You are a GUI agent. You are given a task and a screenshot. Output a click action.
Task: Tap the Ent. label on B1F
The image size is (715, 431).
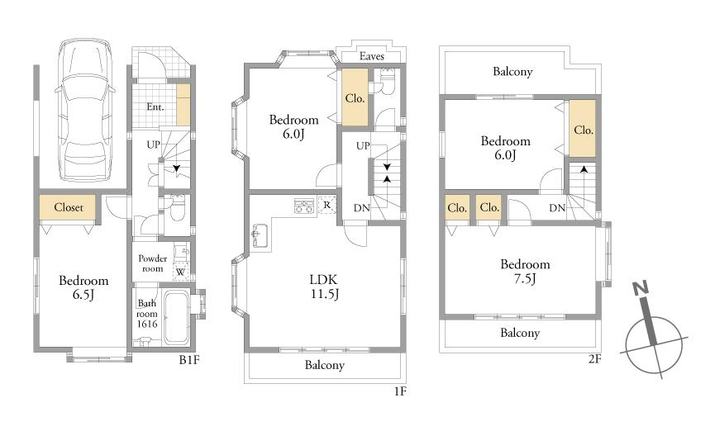(x=155, y=107)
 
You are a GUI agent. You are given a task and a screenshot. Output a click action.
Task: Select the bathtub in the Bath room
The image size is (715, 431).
(x=176, y=317)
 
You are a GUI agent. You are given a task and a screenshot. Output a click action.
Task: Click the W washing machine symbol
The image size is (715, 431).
(x=180, y=272)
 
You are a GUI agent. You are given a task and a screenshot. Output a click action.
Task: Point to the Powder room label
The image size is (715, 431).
(x=153, y=263)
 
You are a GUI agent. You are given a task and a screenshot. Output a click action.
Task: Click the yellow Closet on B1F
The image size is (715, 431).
(x=68, y=207)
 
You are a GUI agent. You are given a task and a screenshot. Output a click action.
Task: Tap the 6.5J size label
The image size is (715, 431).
(x=83, y=295)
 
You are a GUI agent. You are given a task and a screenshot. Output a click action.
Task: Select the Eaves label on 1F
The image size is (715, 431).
(x=372, y=56)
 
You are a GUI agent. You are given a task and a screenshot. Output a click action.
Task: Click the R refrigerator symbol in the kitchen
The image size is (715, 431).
(x=327, y=205)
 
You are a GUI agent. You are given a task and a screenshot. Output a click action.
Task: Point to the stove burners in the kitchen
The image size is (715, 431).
(x=303, y=206)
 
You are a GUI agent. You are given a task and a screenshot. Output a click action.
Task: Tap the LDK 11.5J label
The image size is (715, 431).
(x=324, y=287)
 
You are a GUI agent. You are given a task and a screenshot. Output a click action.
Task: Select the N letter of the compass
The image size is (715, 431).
(x=641, y=288)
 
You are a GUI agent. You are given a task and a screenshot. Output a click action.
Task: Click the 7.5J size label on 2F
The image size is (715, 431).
(x=525, y=278)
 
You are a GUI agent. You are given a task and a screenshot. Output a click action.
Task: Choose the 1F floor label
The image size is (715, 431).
(x=399, y=391)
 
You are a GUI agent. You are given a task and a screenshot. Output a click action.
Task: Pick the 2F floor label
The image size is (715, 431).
(x=594, y=358)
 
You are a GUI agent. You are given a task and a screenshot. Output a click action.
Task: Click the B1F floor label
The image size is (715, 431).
(x=189, y=360)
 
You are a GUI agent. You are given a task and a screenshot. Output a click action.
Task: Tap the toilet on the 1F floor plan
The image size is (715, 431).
(x=387, y=82)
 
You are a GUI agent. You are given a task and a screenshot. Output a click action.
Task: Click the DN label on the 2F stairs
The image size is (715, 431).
(x=557, y=208)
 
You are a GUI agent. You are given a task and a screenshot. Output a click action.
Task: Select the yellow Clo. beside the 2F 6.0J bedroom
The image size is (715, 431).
(x=583, y=129)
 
